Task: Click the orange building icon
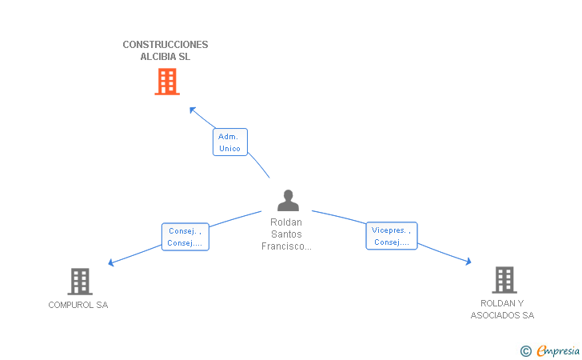(167, 82)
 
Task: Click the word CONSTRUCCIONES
(165, 45)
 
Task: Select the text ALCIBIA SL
(165, 57)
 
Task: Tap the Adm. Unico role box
(230, 142)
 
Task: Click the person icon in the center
(288, 201)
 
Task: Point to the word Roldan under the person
(286, 222)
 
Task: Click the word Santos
(286, 234)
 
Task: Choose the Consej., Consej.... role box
(185, 237)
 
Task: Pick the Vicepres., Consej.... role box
(392, 236)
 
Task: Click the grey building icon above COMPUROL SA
(80, 282)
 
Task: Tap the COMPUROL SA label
(78, 305)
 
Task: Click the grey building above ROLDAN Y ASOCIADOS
(504, 280)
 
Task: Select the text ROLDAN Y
(502, 303)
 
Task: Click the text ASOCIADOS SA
(502, 315)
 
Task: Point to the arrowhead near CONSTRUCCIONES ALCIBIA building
(192, 110)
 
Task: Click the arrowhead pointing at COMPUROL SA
(110, 262)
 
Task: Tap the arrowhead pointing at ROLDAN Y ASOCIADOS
(468, 262)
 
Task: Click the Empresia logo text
(558, 350)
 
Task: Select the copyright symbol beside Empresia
(525, 351)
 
